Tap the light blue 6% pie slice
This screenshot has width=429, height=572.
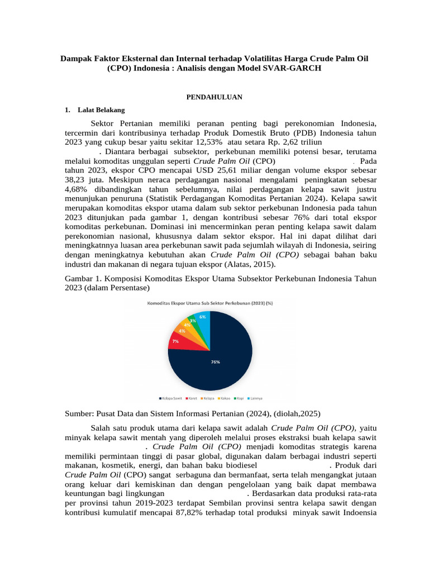pyautogui.click(x=203, y=321)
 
